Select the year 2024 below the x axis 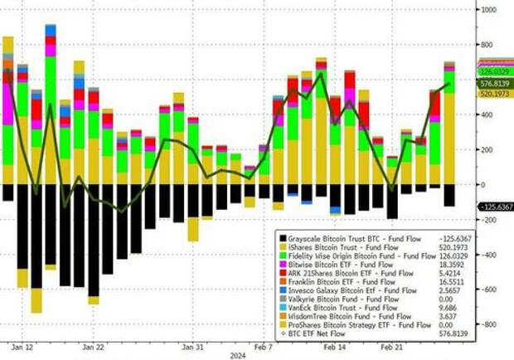point(240,355)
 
